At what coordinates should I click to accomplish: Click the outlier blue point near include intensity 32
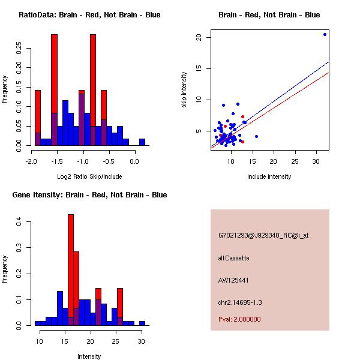pos(325,34)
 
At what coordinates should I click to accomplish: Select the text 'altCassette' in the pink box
pos(233,258)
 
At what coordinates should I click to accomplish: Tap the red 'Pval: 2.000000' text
pos(239,319)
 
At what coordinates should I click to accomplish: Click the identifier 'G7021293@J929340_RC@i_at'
pos(263,236)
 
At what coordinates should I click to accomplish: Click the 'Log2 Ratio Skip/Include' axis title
pos(89,177)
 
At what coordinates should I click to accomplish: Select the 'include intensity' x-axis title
pos(269,176)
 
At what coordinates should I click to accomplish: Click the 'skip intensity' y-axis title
pos(185,90)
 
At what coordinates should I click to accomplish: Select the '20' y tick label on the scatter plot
pos(200,37)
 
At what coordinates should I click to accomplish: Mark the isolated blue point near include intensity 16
pos(256,136)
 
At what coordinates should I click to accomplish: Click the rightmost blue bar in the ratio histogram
pos(142,142)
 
